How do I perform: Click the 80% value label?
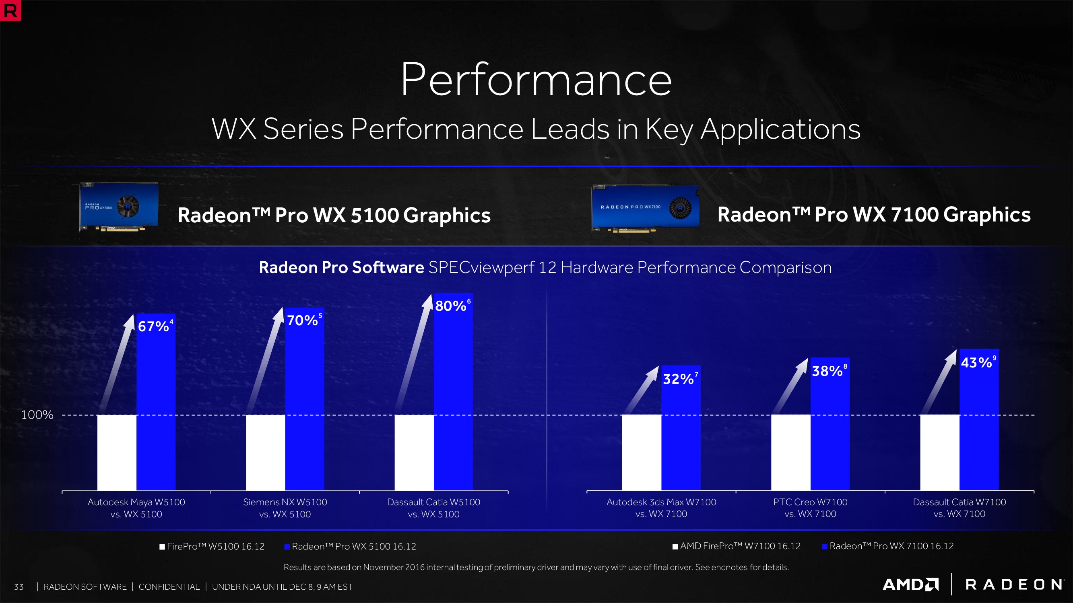tap(451, 306)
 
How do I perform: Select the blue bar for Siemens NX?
tap(305, 408)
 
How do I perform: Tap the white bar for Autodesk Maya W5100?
tap(117, 452)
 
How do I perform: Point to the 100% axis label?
tap(37, 414)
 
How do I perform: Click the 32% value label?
tap(678, 379)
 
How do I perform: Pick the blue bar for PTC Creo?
tap(830, 429)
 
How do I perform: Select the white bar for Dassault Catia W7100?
tap(940, 452)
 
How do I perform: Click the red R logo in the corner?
tap(10, 10)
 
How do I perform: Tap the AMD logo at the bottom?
tap(910, 585)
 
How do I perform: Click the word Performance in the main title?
tap(536, 79)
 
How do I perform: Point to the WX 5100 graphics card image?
tap(119, 206)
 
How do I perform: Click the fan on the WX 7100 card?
tap(680, 208)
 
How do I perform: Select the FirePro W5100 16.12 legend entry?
tap(212, 546)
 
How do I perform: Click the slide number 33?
tap(19, 587)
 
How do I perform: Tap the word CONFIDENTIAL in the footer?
tap(169, 587)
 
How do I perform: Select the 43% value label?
tap(976, 363)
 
